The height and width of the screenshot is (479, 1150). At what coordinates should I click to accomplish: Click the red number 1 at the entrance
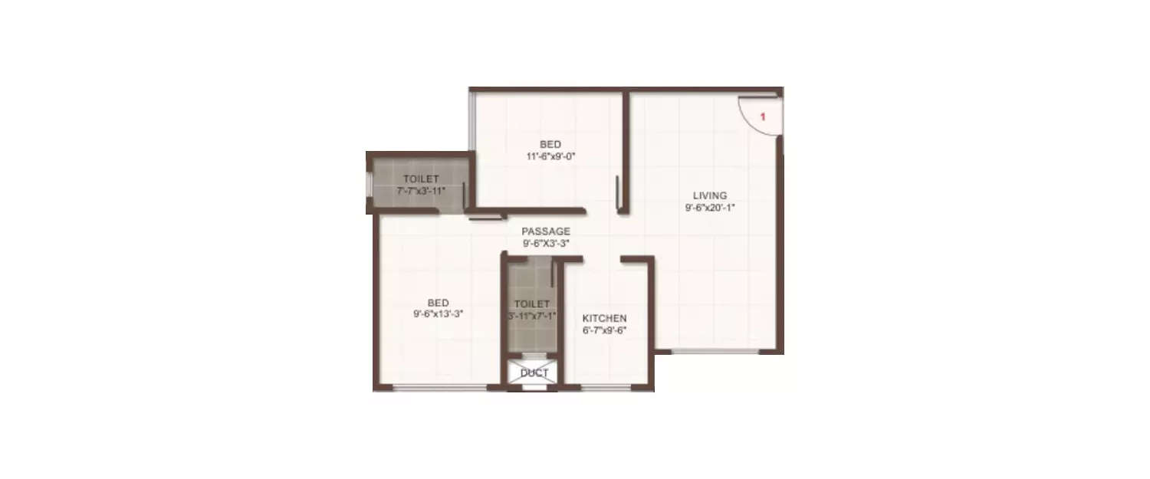coord(763,116)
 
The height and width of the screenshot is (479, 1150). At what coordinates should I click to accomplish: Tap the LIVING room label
coord(705,195)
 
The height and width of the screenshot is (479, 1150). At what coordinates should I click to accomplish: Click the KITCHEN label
coord(604,318)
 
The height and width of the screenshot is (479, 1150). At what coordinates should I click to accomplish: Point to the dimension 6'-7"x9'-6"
coord(604,330)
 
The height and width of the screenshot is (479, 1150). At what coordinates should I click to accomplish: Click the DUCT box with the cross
coord(534,373)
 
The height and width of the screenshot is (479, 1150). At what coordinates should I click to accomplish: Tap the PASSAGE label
coord(546,231)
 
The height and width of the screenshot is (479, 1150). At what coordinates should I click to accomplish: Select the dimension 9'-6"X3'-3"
coord(546,243)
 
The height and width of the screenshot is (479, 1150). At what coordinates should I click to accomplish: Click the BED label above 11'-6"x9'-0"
coord(550,144)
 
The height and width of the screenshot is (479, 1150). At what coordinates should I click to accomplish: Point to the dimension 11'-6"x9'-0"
coord(550,156)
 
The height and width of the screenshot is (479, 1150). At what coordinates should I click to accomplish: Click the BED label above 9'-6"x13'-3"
coord(438,302)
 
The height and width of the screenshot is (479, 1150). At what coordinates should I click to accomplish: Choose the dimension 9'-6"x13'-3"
coord(438,313)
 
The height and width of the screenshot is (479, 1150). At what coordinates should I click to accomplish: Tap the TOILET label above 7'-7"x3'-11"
coord(421,179)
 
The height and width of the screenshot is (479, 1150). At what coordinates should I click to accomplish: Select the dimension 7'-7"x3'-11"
coord(421,191)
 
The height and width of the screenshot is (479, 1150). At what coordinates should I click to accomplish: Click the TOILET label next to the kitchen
coord(532,303)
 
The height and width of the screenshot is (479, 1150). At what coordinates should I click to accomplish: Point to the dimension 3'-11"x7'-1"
coord(532,315)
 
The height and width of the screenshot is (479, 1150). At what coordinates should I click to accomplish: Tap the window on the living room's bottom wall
coord(715,352)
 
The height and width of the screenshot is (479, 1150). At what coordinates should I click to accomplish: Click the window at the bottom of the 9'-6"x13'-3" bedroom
coord(440,388)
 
